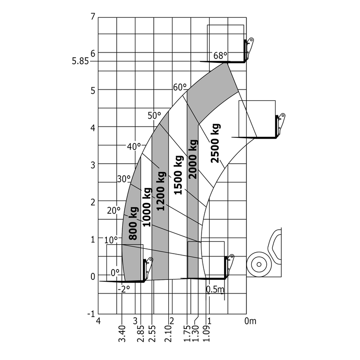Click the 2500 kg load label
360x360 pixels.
coord(215,143)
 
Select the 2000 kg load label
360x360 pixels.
coord(193,159)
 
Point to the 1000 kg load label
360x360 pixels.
coord(147,207)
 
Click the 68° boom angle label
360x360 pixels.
coord(220,55)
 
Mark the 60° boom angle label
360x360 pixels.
coord(180,87)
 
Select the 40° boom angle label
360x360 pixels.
coord(134,146)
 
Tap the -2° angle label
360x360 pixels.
coord(123,289)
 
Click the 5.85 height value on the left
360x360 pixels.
coord(80,61)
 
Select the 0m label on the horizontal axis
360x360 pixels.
coord(251,321)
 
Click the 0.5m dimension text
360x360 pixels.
coord(215,290)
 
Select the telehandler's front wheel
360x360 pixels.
coord(257,264)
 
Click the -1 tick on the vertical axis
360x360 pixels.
coord(92,314)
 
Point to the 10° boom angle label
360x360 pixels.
coord(111,240)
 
